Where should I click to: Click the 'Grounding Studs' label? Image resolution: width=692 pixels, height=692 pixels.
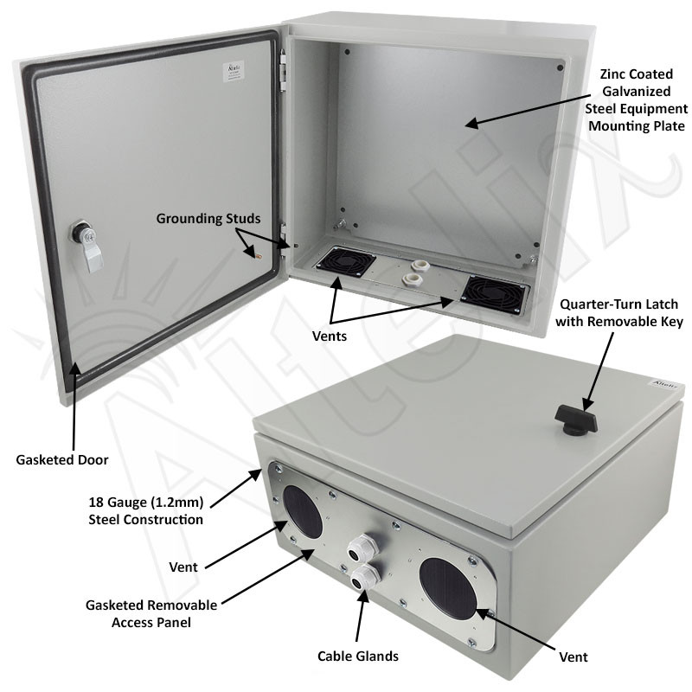(x=208, y=218)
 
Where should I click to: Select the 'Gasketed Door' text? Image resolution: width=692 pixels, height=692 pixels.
(x=62, y=459)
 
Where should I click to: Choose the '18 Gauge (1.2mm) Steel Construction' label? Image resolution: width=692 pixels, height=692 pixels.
(x=145, y=510)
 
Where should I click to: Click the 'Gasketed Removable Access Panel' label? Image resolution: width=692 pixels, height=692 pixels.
(x=151, y=613)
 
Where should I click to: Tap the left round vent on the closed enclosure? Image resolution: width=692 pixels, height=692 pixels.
(x=301, y=509)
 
